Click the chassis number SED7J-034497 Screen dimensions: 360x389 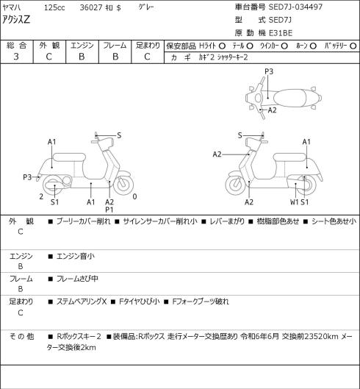tap(295, 7)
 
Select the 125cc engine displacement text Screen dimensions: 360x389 tap(54, 7)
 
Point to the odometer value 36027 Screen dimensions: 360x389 tap(91, 7)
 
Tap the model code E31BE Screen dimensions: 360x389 tap(281, 33)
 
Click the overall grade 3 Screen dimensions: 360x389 tap(16, 57)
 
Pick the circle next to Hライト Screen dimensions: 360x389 tap(222, 46)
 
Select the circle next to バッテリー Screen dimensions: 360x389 tap(353, 46)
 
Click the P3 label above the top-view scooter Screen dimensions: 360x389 tap(269, 71)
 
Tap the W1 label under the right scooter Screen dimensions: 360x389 tap(295, 202)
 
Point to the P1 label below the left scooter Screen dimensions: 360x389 tap(109, 210)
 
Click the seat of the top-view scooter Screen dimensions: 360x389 tap(289, 98)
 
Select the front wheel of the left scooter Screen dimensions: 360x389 tap(123, 185)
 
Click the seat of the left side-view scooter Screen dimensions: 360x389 tap(69, 158)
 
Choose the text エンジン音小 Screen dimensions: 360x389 tap(76, 256)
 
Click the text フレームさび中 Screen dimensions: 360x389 tap(77, 279)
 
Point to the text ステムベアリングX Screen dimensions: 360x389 tap(82, 301)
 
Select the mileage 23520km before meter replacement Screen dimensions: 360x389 tap(321, 336)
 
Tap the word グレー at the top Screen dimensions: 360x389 tap(146, 7)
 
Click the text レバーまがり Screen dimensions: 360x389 tap(227, 221)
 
